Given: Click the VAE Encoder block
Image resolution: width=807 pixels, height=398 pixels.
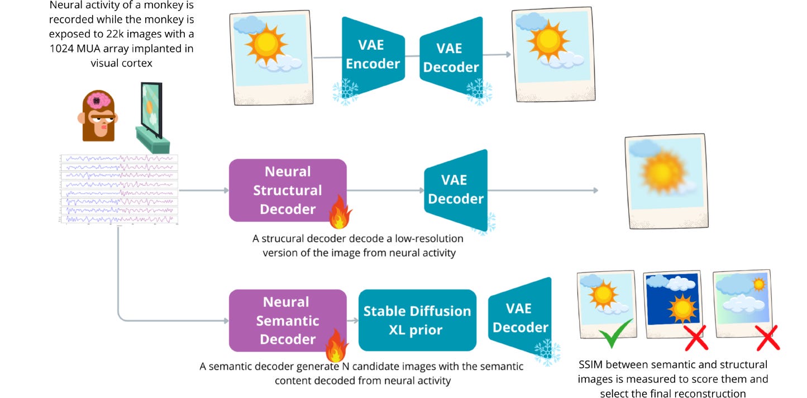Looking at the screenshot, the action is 373,55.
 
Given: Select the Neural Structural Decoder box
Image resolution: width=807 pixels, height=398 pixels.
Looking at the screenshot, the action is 288,191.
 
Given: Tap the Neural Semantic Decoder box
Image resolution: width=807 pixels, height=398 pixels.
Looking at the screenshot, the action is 288,320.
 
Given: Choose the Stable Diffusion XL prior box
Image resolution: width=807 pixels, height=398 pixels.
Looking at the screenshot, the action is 417,320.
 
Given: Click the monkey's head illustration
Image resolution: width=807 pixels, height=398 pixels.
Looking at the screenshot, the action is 98,115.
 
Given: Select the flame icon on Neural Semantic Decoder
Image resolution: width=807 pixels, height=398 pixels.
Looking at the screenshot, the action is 336,345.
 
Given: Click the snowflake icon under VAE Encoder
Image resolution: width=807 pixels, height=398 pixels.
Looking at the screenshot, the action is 346,91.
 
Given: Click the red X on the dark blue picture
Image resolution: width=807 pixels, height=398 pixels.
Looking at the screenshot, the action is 696,338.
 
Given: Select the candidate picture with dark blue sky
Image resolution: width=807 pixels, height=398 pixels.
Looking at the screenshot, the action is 672,304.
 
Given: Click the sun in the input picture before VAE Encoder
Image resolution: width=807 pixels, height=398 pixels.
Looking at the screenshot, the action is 266,45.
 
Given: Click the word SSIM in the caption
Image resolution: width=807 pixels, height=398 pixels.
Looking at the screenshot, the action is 590,364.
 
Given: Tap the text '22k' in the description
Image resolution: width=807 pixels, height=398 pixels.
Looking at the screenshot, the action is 115,34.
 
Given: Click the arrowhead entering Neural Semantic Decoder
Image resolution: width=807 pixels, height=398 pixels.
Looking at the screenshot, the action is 226,320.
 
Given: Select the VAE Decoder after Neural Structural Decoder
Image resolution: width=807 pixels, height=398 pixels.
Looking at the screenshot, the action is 456,190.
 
